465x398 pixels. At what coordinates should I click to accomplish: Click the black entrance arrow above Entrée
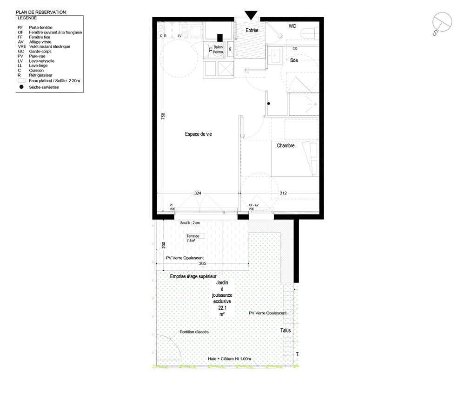(x=251, y=15)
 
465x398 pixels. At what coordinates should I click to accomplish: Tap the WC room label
(x=292, y=26)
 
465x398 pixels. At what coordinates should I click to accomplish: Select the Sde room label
(x=294, y=60)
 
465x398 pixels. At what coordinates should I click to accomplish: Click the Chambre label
(x=286, y=146)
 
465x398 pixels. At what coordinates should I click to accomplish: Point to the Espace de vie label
(x=199, y=134)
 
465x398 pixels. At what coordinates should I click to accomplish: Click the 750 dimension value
(x=163, y=116)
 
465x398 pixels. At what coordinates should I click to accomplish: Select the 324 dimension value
(x=198, y=193)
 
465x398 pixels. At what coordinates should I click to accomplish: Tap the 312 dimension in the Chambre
(x=283, y=193)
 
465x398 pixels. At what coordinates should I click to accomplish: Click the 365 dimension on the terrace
(x=202, y=263)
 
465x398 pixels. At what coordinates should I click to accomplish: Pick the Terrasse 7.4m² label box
(x=195, y=238)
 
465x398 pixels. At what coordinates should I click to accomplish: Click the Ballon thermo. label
(x=218, y=49)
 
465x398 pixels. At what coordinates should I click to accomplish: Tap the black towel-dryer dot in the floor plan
(x=269, y=104)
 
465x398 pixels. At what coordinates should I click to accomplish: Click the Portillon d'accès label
(x=194, y=332)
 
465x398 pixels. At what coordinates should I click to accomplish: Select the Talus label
(x=286, y=331)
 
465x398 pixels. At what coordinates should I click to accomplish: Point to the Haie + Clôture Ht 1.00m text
(x=229, y=359)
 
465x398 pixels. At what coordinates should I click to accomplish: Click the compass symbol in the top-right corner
(x=441, y=23)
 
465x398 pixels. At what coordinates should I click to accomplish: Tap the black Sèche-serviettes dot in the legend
(x=21, y=87)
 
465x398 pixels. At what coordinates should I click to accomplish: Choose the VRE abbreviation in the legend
(x=22, y=46)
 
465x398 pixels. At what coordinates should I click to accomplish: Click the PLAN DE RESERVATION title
(x=41, y=12)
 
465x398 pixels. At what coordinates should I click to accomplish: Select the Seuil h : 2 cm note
(x=190, y=223)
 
